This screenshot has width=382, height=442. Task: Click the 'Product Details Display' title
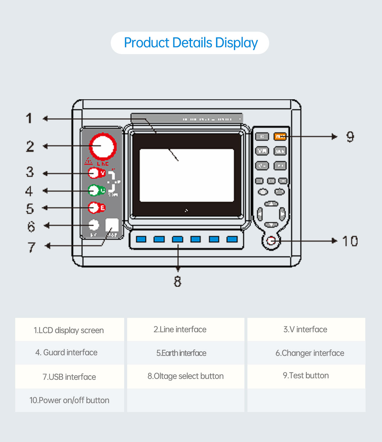[191, 43]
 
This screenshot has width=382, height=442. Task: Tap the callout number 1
[29, 118]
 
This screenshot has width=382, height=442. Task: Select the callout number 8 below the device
[178, 281]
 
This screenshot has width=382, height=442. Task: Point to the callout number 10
[350, 241]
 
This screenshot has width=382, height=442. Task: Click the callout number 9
[350, 137]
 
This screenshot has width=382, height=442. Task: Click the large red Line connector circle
[103, 147]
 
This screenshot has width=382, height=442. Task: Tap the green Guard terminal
[94, 190]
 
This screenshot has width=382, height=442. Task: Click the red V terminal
[94, 173]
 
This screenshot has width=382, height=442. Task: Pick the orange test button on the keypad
[280, 136]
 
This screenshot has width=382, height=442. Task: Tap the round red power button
[271, 241]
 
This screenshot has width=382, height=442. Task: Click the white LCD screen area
[187, 175]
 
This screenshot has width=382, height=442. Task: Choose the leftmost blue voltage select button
[141, 239]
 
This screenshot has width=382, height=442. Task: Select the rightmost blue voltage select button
[232, 239]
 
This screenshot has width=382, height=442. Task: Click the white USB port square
[112, 225]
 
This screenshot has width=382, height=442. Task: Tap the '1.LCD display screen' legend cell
[69, 330]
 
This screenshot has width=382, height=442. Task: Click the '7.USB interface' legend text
[69, 377]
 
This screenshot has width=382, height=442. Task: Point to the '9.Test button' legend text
[306, 376]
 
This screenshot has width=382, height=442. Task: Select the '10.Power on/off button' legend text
[69, 400]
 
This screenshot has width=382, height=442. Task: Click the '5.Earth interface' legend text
[181, 353]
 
